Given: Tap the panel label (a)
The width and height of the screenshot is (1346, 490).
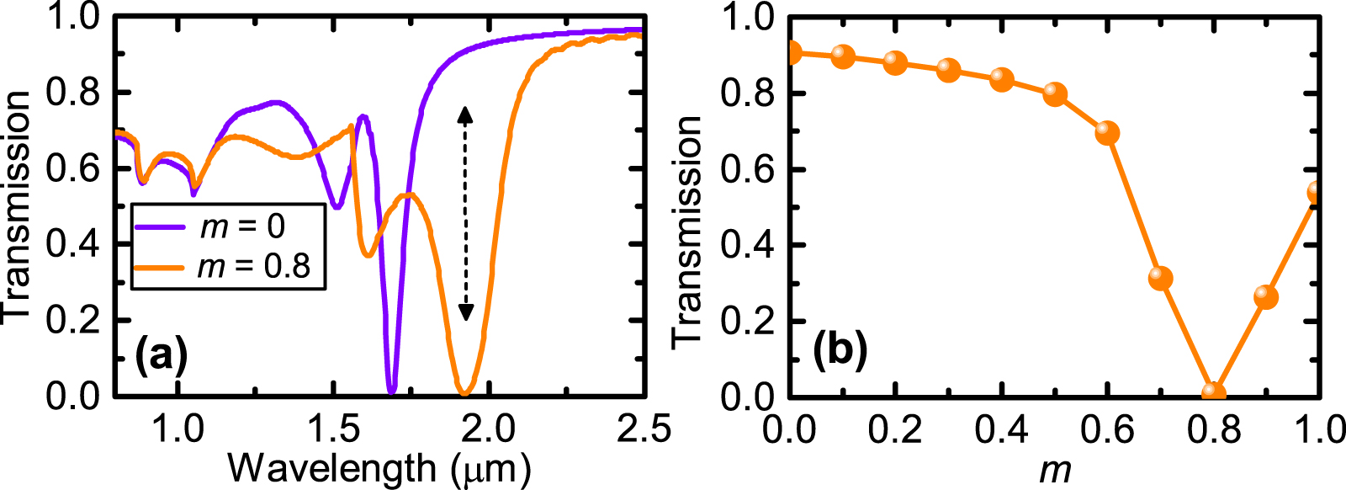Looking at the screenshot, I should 162,354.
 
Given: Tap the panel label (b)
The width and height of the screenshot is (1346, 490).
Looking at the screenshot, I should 840,350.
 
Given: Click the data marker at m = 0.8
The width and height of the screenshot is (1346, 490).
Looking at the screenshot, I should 1213,393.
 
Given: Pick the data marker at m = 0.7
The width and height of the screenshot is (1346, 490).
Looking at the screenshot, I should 1160,278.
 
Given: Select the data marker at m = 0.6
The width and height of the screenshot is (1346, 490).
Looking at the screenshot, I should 1107,133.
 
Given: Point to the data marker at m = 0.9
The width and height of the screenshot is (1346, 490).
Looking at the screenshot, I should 1265,296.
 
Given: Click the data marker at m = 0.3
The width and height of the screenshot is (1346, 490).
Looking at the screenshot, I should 948,70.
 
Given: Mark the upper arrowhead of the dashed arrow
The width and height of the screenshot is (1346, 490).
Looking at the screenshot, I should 465,115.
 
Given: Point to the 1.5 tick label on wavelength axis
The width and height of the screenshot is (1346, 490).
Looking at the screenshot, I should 334,429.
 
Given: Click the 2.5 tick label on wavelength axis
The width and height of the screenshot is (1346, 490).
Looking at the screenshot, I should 644,429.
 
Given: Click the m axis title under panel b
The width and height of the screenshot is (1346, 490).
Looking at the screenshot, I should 1054,468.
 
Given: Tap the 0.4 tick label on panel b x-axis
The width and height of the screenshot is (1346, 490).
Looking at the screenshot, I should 1001,429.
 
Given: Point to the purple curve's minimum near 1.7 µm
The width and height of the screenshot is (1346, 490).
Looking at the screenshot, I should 391,389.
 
